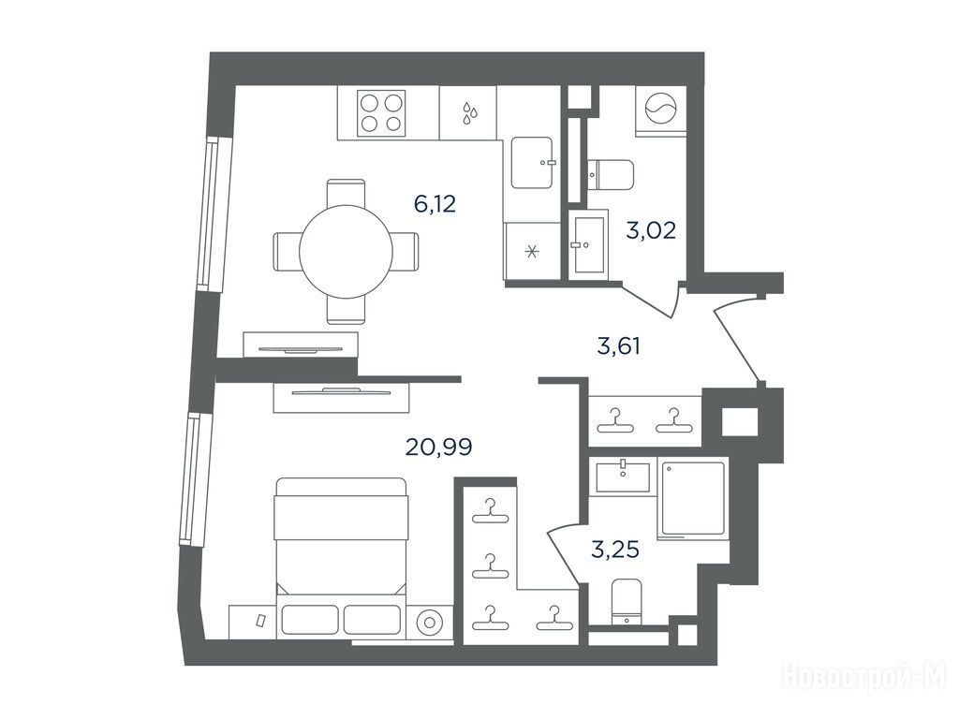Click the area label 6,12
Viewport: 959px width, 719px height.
pyautogui.click(x=435, y=204)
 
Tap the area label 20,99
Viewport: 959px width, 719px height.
pyautogui.click(x=438, y=448)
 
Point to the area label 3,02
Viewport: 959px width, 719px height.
pyautogui.click(x=651, y=230)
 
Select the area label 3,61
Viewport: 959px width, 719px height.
pyautogui.click(x=618, y=346)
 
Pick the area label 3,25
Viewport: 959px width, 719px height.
pyautogui.click(x=615, y=550)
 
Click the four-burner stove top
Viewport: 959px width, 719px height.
pyautogui.click(x=382, y=112)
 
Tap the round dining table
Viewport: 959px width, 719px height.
pyautogui.click(x=347, y=251)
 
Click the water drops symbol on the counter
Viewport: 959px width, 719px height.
pyautogui.click(x=469, y=113)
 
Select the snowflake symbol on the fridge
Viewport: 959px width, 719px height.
pyautogui.click(x=532, y=251)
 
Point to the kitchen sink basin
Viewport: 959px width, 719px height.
pyautogui.click(x=532, y=163)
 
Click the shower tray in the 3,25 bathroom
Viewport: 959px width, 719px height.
pyautogui.click(x=692, y=499)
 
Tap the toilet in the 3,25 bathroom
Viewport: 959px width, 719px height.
pyautogui.click(x=627, y=602)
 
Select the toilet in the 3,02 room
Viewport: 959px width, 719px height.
pyautogui.click(x=611, y=174)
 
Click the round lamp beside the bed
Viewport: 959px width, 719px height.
pyautogui.click(x=430, y=623)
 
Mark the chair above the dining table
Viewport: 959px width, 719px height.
pyautogui.click(x=347, y=193)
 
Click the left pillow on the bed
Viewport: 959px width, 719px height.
pyautogui.click(x=309, y=620)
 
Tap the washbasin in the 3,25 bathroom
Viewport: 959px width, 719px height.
pyautogui.click(x=623, y=477)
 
